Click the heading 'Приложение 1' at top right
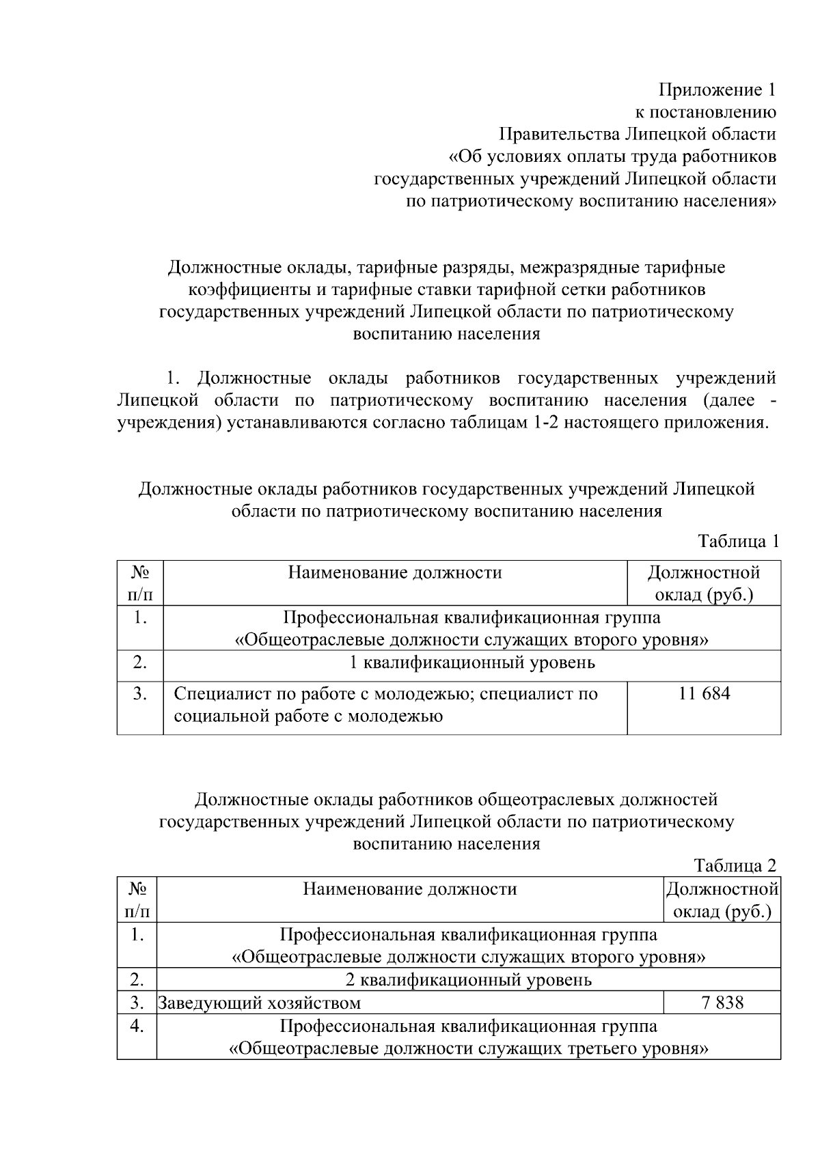717,90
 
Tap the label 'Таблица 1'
738,542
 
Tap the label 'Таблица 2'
735,866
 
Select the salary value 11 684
704,694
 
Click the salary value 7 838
722,1003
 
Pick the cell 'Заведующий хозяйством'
260,1003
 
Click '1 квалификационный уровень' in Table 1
471,662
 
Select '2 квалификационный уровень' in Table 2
468,980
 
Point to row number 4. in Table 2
137,1026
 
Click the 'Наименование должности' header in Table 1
395,572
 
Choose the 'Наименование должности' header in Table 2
410,889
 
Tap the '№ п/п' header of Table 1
140,583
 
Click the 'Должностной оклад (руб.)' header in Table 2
722,900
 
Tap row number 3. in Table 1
140,694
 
